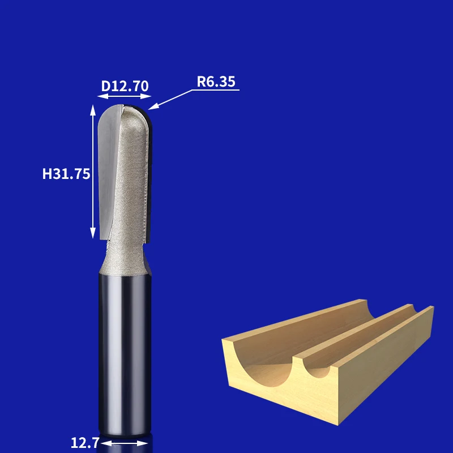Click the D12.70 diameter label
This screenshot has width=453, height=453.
[x=125, y=86]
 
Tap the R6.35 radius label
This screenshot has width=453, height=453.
[x=216, y=82]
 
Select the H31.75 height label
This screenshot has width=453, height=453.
[x=66, y=174]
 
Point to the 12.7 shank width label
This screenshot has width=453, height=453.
[x=85, y=443]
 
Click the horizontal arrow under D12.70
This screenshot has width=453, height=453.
[x=124, y=96]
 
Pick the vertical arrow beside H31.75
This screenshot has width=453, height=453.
[x=93, y=172]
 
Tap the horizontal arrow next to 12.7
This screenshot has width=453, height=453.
[x=124, y=443]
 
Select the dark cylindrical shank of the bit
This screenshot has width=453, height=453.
[x=125, y=354]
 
